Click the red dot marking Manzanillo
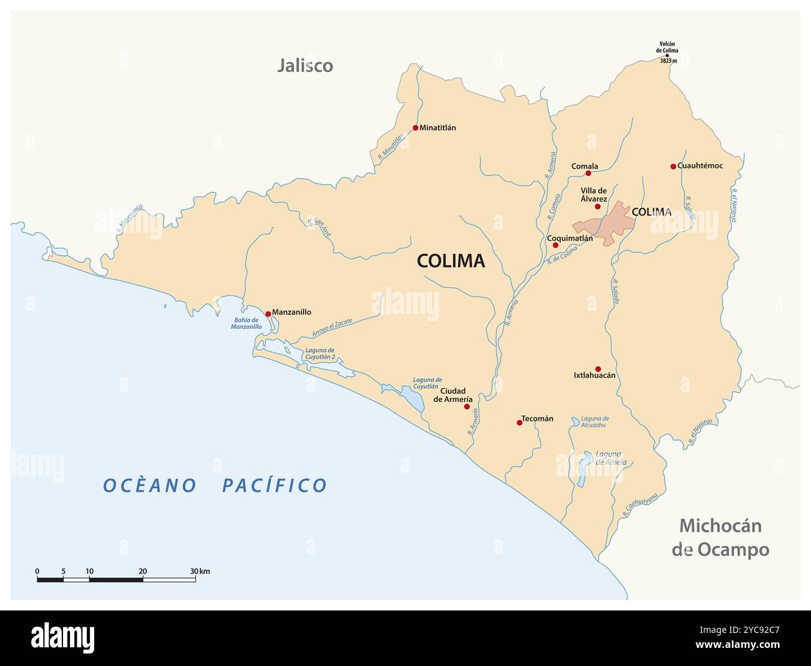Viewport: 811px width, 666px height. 268,313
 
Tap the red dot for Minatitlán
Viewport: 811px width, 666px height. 415,128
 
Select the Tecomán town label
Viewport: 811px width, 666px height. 537,419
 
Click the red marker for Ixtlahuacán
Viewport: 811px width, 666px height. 598,369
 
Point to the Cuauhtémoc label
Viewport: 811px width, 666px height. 700,166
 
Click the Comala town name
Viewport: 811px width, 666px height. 585,166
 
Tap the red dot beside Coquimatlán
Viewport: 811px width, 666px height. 555,245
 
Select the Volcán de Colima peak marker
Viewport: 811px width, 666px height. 667,56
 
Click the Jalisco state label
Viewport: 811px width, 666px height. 305,66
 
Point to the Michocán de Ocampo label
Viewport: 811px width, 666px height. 720,537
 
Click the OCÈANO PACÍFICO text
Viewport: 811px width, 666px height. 215,485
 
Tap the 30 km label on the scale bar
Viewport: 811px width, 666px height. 200,571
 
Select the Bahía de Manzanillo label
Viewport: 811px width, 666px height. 246,323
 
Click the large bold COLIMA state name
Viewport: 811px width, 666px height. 450,261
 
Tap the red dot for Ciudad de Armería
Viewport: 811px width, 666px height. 467,406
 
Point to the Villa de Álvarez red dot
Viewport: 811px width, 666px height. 597,207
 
